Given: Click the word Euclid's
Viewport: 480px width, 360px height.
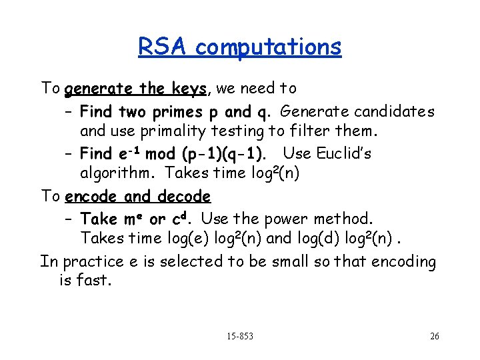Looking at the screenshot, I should point(344,153).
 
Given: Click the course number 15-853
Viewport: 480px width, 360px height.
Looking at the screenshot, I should point(239,336).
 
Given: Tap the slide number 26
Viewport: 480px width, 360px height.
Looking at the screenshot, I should point(434,336).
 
